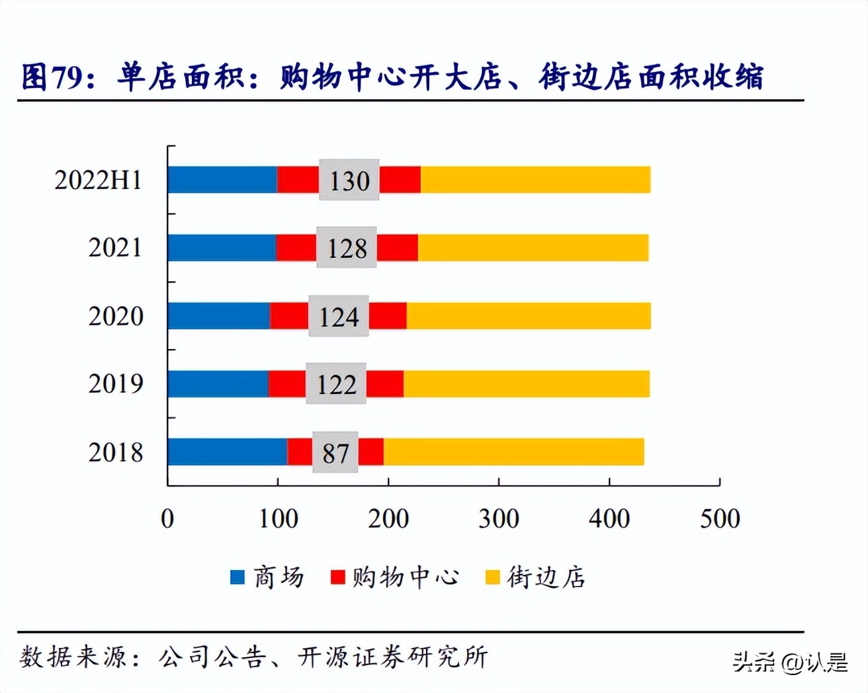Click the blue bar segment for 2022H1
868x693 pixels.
(x=222, y=180)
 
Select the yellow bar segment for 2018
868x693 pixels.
(x=513, y=452)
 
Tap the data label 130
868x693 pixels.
(x=349, y=181)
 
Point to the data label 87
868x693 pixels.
(x=335, y=453)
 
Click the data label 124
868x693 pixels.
(x=339, y=317)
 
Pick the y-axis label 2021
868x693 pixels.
(x=115, y=248)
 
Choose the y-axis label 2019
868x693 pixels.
(x=115, y=384)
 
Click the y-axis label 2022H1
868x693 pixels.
(x=98, y=180)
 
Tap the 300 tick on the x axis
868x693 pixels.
(x=499, y=518)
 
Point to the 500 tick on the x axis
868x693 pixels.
(x=720, y=518)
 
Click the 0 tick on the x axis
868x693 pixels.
(x=167, y=518)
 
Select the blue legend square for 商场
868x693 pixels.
(x=237, y=577)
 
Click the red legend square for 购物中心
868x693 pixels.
(x=338, y=577)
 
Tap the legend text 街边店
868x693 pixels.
(x=546, y=577)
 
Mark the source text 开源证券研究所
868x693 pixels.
(x=393, y=657)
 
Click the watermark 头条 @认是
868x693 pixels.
(x=790, y=661)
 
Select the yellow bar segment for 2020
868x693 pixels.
(x=528, y=316)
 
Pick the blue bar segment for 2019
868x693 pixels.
(x=218, y=384)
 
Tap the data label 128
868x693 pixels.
(x=347, y=248)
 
